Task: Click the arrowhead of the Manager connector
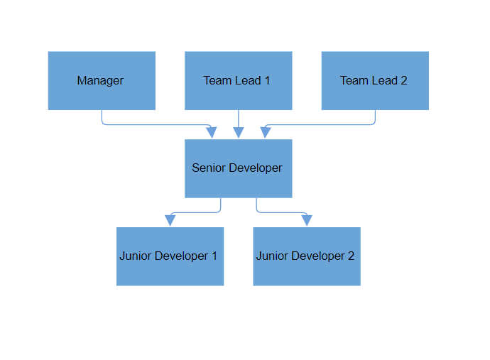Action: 211,133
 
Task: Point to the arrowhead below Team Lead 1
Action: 239,133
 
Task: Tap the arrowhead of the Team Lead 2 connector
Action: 266,133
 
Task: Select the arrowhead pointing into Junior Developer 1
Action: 170,220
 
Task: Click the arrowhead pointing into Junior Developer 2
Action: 306,220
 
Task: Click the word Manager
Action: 100,81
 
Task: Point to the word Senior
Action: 209,168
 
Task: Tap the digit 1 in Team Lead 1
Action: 267,81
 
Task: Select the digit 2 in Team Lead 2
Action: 404,81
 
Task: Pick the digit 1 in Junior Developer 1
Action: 214,256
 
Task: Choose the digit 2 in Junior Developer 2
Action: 351,256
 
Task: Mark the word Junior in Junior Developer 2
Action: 273,256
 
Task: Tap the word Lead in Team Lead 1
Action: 248,81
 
